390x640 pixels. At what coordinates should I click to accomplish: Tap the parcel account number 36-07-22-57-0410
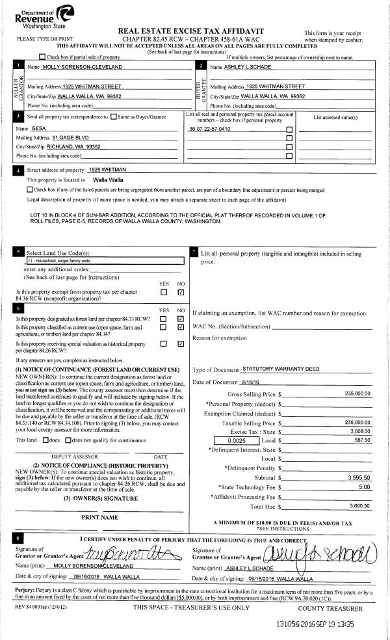coord(209,129)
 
